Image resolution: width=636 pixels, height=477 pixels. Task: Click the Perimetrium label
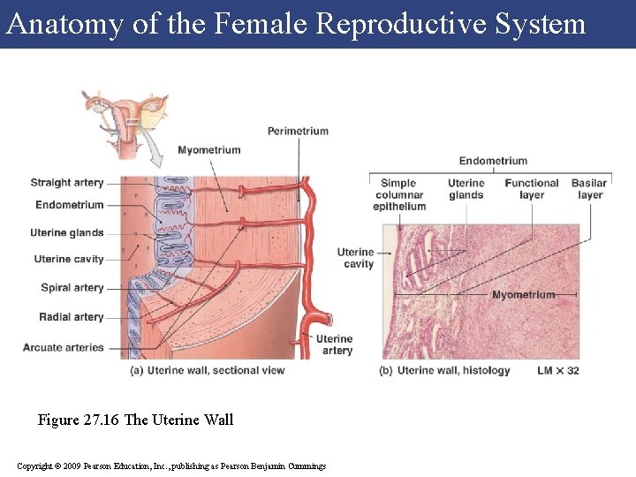point(298,132)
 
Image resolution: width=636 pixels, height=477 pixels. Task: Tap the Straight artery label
point(67,183)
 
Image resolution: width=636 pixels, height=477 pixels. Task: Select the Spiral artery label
point(72,288)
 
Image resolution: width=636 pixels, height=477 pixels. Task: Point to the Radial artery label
point(72,317)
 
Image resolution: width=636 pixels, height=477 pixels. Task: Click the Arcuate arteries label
point(64,348)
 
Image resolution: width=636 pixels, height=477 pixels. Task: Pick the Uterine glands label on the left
point(67,233)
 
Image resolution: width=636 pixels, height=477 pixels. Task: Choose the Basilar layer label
point(589,189)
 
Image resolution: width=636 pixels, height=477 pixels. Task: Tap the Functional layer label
point(532,189)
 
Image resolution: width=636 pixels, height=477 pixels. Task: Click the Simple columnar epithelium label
point(399,195)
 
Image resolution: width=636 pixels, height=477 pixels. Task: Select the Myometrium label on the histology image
point(524,294)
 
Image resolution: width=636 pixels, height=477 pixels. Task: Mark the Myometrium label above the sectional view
point(209,150)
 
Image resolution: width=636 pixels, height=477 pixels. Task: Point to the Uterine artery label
point(335,344)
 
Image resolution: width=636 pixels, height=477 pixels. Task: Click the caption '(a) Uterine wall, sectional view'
point(208,370)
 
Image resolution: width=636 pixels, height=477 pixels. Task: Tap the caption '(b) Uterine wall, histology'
point(445,370)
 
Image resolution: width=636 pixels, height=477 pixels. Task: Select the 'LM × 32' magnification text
point(558,370)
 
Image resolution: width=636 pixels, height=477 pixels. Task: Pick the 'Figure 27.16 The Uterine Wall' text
point(135,420)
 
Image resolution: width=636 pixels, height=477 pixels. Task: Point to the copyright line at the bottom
point(171,466)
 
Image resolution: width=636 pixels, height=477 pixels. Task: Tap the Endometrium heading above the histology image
point(493,161)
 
